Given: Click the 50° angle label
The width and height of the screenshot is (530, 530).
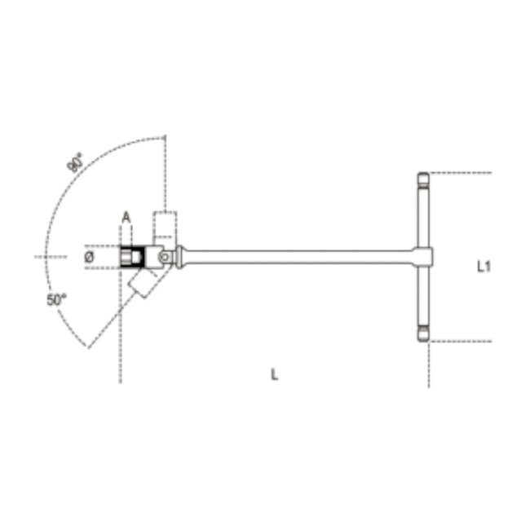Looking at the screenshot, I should (55, 300).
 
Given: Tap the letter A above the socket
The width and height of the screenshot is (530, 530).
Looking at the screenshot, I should (126, 217).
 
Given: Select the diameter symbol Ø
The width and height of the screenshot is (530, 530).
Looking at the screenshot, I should (90, 257).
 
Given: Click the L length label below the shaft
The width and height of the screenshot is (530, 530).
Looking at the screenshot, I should (275, 374).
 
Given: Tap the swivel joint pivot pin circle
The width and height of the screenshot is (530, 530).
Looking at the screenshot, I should (165, 257).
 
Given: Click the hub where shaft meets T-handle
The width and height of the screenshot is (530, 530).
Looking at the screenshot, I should (425, 257).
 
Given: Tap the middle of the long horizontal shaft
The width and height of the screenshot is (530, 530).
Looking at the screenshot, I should (302, 257).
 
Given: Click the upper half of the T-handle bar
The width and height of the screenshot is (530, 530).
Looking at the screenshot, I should (424, 216).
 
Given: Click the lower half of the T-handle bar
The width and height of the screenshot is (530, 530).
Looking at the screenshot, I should (424, 298).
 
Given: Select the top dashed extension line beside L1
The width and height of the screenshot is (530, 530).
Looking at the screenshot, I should (461, 173).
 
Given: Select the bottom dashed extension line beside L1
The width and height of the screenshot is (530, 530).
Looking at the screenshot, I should (461, 341).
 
